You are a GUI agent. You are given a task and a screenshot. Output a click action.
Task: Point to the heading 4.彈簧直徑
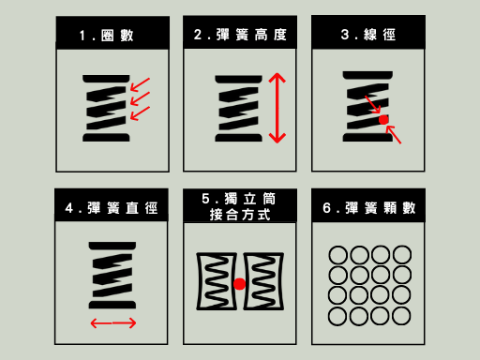point(112,207)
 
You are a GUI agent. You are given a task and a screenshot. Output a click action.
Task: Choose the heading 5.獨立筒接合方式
point(240,207)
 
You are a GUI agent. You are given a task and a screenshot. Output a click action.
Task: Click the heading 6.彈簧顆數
point(367,207)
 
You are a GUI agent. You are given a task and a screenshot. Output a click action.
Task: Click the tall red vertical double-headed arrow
point(277,108)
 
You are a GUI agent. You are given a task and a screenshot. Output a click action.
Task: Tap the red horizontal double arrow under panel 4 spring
point(113,323)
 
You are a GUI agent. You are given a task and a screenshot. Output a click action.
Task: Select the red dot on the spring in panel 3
point(382,120)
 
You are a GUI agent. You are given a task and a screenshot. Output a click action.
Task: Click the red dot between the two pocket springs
point(240,283)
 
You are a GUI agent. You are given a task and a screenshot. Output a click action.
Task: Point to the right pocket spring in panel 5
point(262,282)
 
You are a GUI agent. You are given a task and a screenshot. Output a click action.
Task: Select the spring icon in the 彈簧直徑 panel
point(112,276)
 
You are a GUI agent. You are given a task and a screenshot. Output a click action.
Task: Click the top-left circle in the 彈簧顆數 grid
point(337,255)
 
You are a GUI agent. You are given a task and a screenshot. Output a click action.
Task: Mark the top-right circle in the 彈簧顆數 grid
point(402,255)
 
